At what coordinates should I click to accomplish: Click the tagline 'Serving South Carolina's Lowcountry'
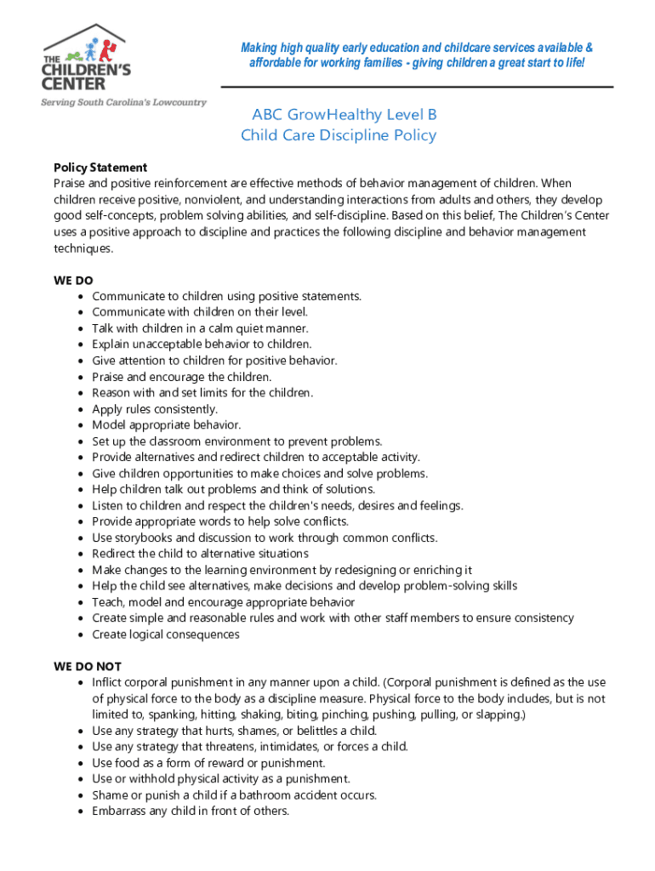point(124,102)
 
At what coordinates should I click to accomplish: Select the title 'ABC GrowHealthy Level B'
point(345,115)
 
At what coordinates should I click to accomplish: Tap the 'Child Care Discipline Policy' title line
point(339,135)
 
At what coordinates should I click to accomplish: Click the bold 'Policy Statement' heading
point(100,168)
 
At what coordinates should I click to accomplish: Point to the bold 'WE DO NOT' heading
point(88,666)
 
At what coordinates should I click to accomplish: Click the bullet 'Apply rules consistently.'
point(155,409)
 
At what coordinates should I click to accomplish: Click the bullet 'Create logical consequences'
point(166,635)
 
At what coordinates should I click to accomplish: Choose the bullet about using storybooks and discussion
point(265,538)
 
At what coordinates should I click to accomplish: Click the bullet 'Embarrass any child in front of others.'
point(191,811)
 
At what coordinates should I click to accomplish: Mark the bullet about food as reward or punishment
point(208,763)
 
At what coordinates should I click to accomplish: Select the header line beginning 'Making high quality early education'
point(417,48)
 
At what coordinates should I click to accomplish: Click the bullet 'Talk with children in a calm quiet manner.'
point(200,328)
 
